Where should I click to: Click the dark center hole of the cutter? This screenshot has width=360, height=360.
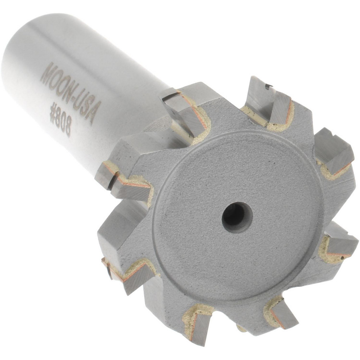point(237,217)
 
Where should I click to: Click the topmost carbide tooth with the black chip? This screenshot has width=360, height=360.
point(266,97)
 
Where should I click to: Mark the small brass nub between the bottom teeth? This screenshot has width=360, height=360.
point(240,328)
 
